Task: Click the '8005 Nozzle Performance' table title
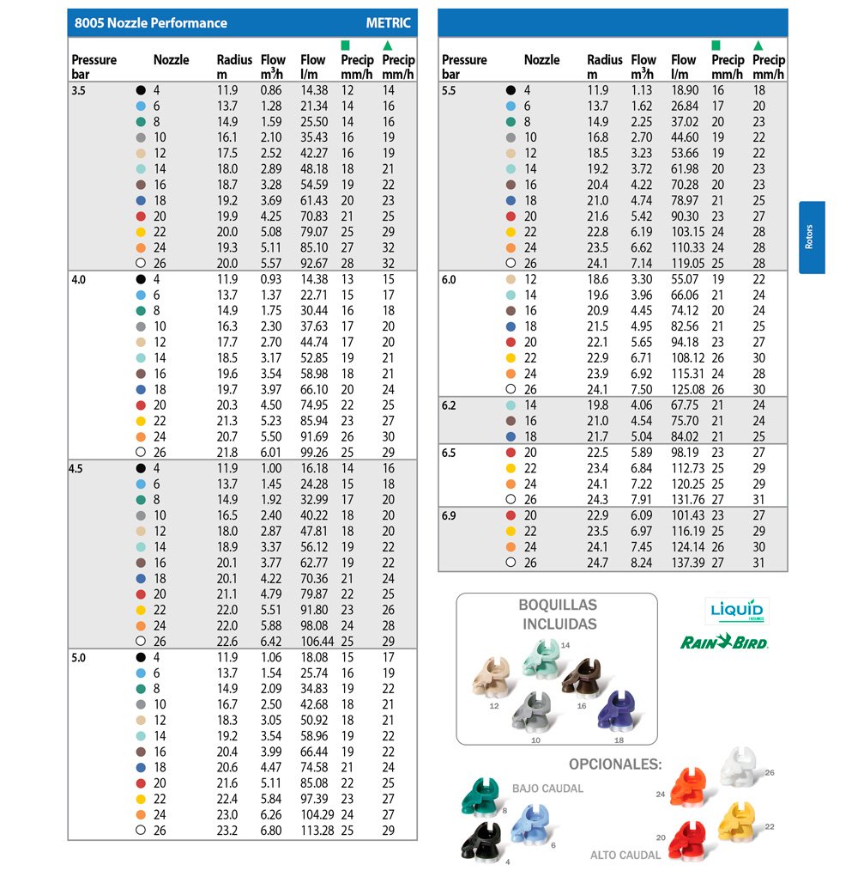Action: point(151,23)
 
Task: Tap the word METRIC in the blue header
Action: point(388,23)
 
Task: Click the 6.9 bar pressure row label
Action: point(450,515)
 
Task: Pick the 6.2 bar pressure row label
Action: point(450,405)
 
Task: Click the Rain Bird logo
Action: point(723,642)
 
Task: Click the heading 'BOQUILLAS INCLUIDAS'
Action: point(558,614)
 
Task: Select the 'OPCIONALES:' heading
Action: point(615,764)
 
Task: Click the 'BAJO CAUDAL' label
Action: point(547,789)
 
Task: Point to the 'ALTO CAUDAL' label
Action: point(625,855)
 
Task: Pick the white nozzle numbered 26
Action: point(740,766)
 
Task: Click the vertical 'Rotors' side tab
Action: point(812,238)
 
